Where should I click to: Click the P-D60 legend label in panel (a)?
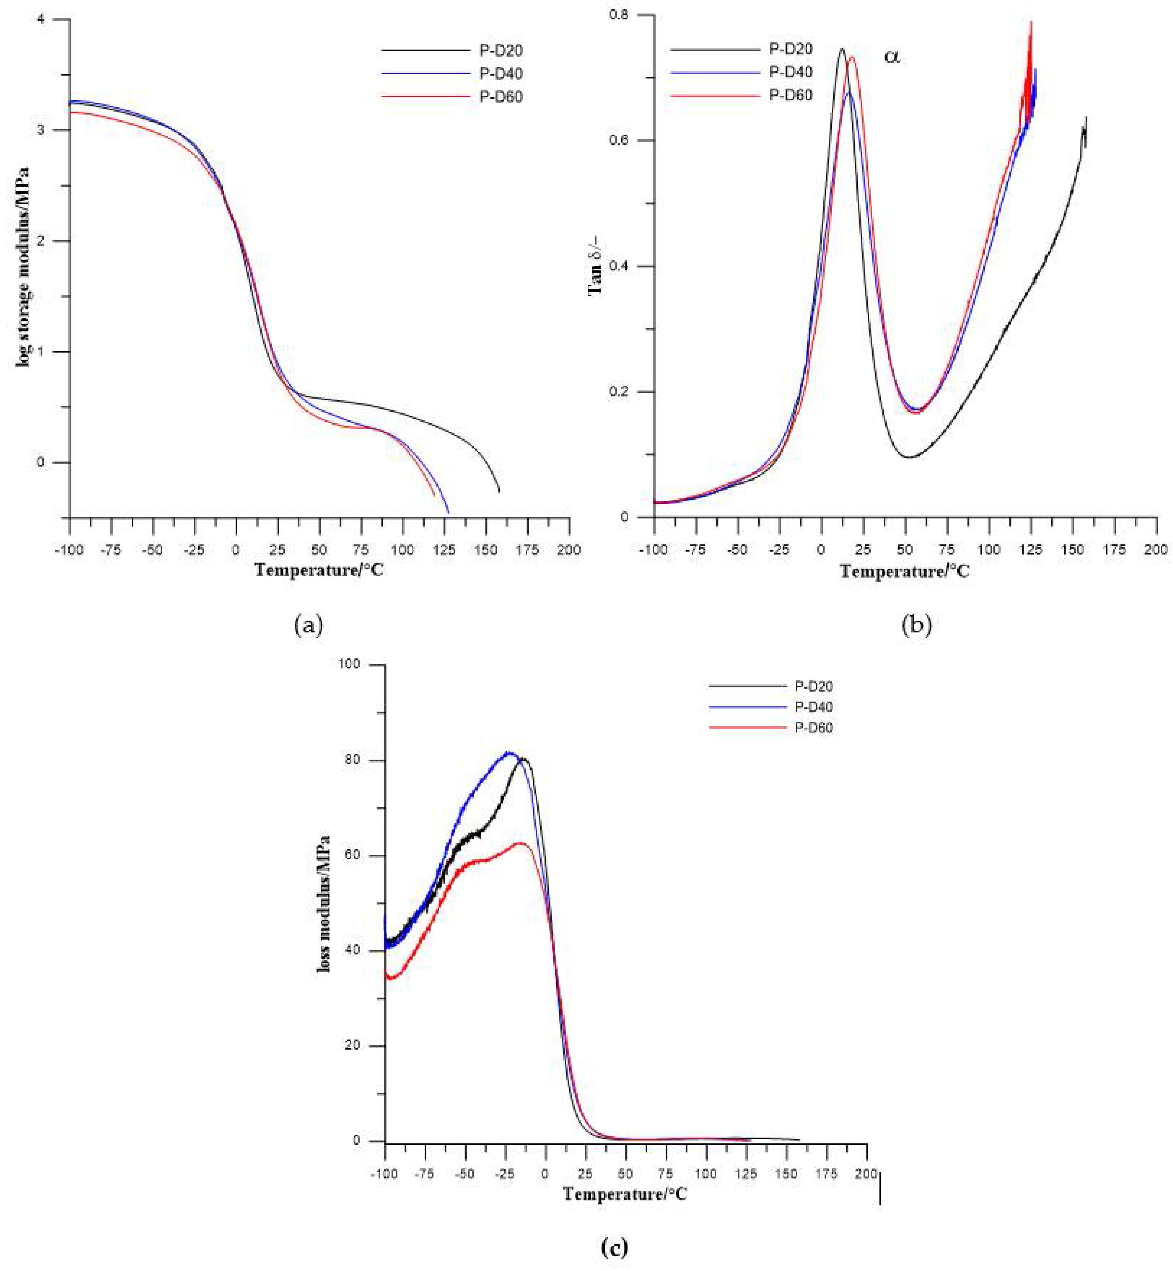pyautogui.click(x=501, y=97)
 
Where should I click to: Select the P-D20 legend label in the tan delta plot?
pyautogui.click(x=790, y=49)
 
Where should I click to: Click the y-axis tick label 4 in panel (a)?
pyautogui.click(x=58, y=20)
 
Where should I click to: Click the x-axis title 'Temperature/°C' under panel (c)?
pyautogui.click(x=625, y=1194)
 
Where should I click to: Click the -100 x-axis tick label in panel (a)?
pyautogui.click(x=68, y=550)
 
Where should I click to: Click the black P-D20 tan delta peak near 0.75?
pyautogui.click(x=842, y=49)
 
